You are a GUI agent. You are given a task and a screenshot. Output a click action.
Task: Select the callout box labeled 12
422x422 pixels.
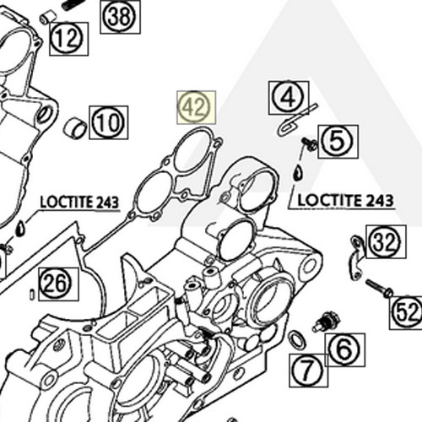tap(68, 37)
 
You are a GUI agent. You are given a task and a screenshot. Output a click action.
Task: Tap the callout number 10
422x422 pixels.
tap(108, 122)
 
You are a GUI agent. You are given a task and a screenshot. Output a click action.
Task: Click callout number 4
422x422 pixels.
tap(289, 98)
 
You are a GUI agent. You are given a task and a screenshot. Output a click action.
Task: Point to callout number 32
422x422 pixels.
tap(384, 242)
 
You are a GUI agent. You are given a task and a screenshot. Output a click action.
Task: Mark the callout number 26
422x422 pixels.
tap(57, 284)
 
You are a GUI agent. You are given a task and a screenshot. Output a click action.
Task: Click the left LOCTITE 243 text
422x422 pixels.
tap(79, 203)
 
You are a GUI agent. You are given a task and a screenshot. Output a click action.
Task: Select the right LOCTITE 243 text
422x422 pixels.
tap(344, 201)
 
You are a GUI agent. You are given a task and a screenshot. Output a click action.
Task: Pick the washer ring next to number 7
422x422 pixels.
tap(296, 340)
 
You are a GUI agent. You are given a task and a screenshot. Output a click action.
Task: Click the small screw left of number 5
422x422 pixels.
tap(310, 146)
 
